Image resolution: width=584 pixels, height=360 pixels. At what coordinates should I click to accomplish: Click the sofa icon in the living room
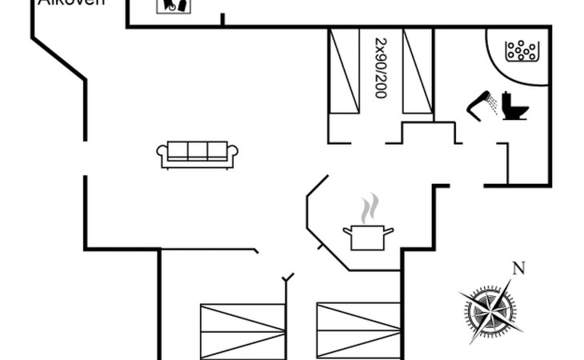198,154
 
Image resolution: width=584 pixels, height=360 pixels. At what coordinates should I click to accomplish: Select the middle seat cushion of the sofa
198,150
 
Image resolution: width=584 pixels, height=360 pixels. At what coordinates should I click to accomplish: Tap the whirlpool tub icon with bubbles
521,50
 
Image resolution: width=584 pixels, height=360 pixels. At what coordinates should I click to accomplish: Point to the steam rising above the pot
368,210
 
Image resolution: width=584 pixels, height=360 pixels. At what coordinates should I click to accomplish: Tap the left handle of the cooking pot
346,230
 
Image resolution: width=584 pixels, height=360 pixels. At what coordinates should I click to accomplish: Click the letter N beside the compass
518,267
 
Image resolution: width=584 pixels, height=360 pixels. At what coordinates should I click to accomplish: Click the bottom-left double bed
242,330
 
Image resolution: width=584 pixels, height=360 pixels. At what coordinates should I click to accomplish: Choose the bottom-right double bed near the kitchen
358,330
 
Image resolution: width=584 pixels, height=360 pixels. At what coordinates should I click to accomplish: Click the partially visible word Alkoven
71,3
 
